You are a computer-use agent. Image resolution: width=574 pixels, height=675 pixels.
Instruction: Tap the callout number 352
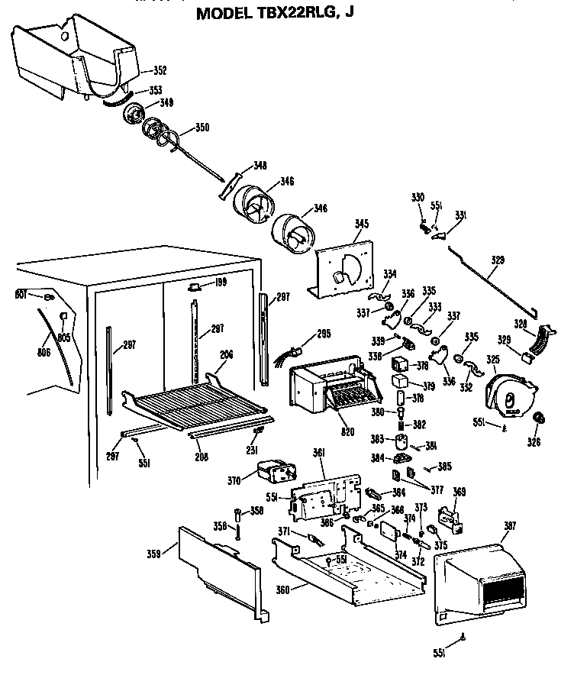160,71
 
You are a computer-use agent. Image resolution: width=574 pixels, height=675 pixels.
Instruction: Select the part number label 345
362,224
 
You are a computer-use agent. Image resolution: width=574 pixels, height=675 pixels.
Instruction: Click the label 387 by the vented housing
509,525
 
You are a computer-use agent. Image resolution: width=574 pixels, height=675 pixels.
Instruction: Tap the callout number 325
494,358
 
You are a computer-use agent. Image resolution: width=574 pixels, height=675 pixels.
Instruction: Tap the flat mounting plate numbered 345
343,267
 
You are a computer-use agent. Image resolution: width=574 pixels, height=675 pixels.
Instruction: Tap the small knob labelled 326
540,418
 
